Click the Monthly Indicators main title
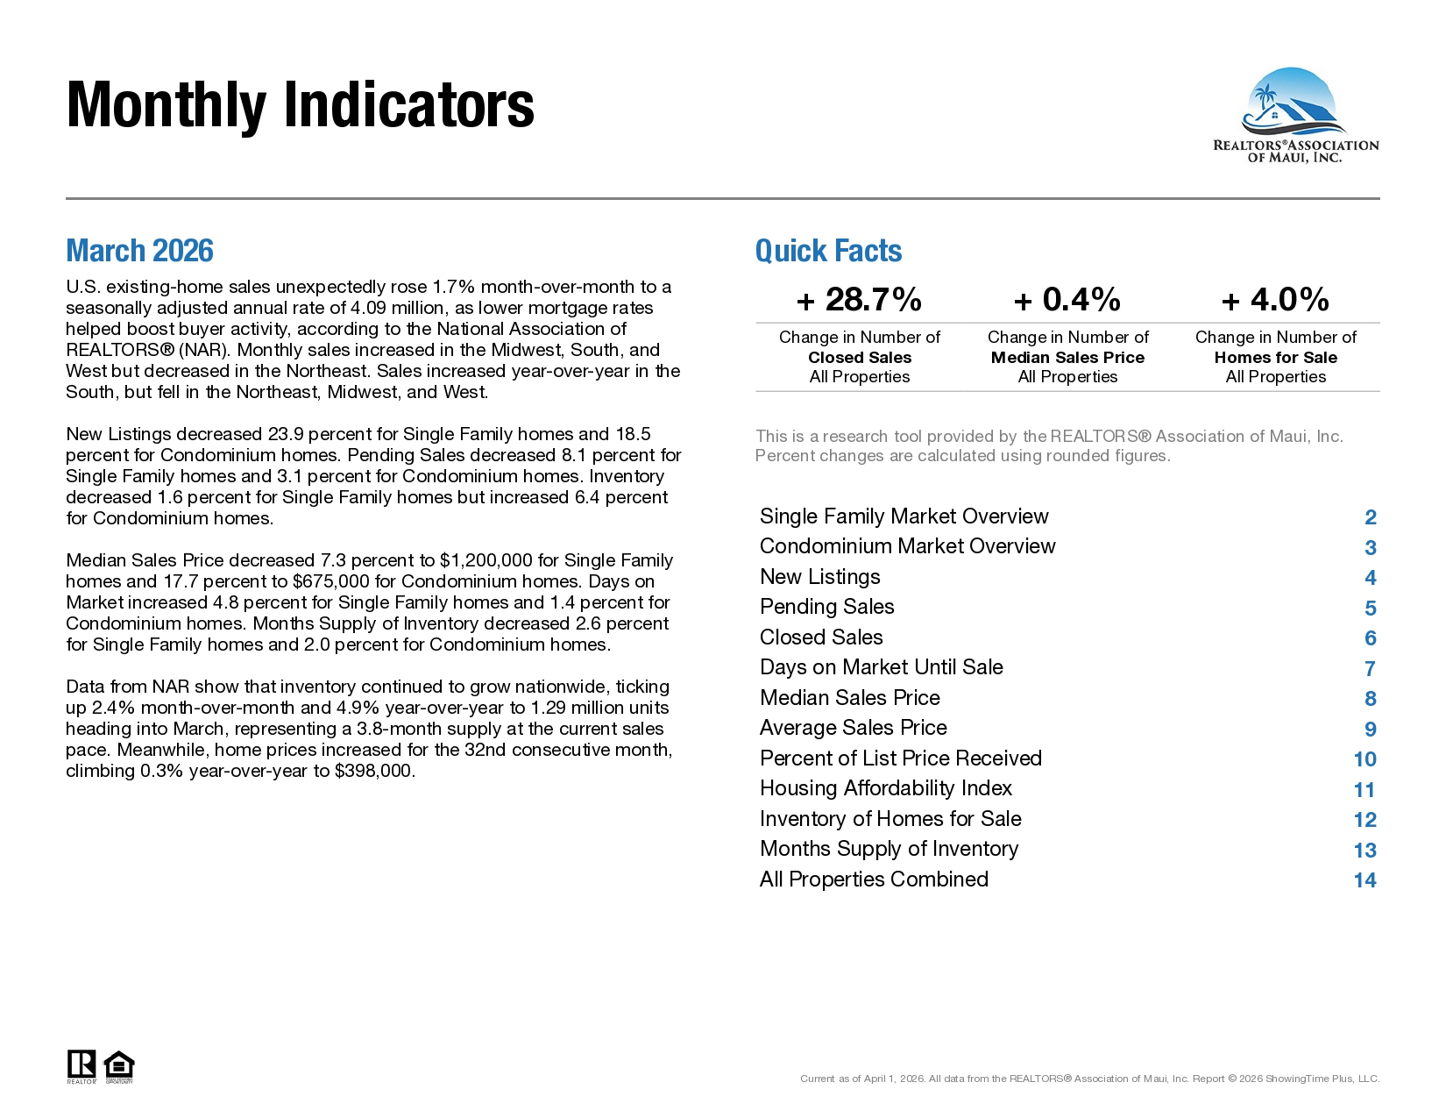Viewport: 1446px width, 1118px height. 300,105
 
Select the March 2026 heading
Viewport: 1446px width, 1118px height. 139,251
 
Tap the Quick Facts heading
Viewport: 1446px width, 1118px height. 828,251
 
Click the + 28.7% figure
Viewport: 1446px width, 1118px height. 859,300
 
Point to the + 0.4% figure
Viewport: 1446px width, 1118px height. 1067,300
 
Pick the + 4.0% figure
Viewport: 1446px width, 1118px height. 1275,300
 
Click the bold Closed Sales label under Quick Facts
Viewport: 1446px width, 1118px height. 860,358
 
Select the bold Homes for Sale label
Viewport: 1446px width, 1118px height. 1276,358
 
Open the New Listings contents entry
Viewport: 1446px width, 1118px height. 819,577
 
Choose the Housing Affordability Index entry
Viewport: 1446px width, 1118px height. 886,788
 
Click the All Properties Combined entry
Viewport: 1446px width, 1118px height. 874,879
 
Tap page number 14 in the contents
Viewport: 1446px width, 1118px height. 1364,880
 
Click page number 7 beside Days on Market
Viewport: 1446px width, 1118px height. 1370,668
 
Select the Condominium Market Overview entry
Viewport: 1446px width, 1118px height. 908,546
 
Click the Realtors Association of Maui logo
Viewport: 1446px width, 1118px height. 1295,116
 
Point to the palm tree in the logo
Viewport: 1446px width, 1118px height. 1263,98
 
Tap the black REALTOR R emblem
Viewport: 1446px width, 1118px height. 82,1064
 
